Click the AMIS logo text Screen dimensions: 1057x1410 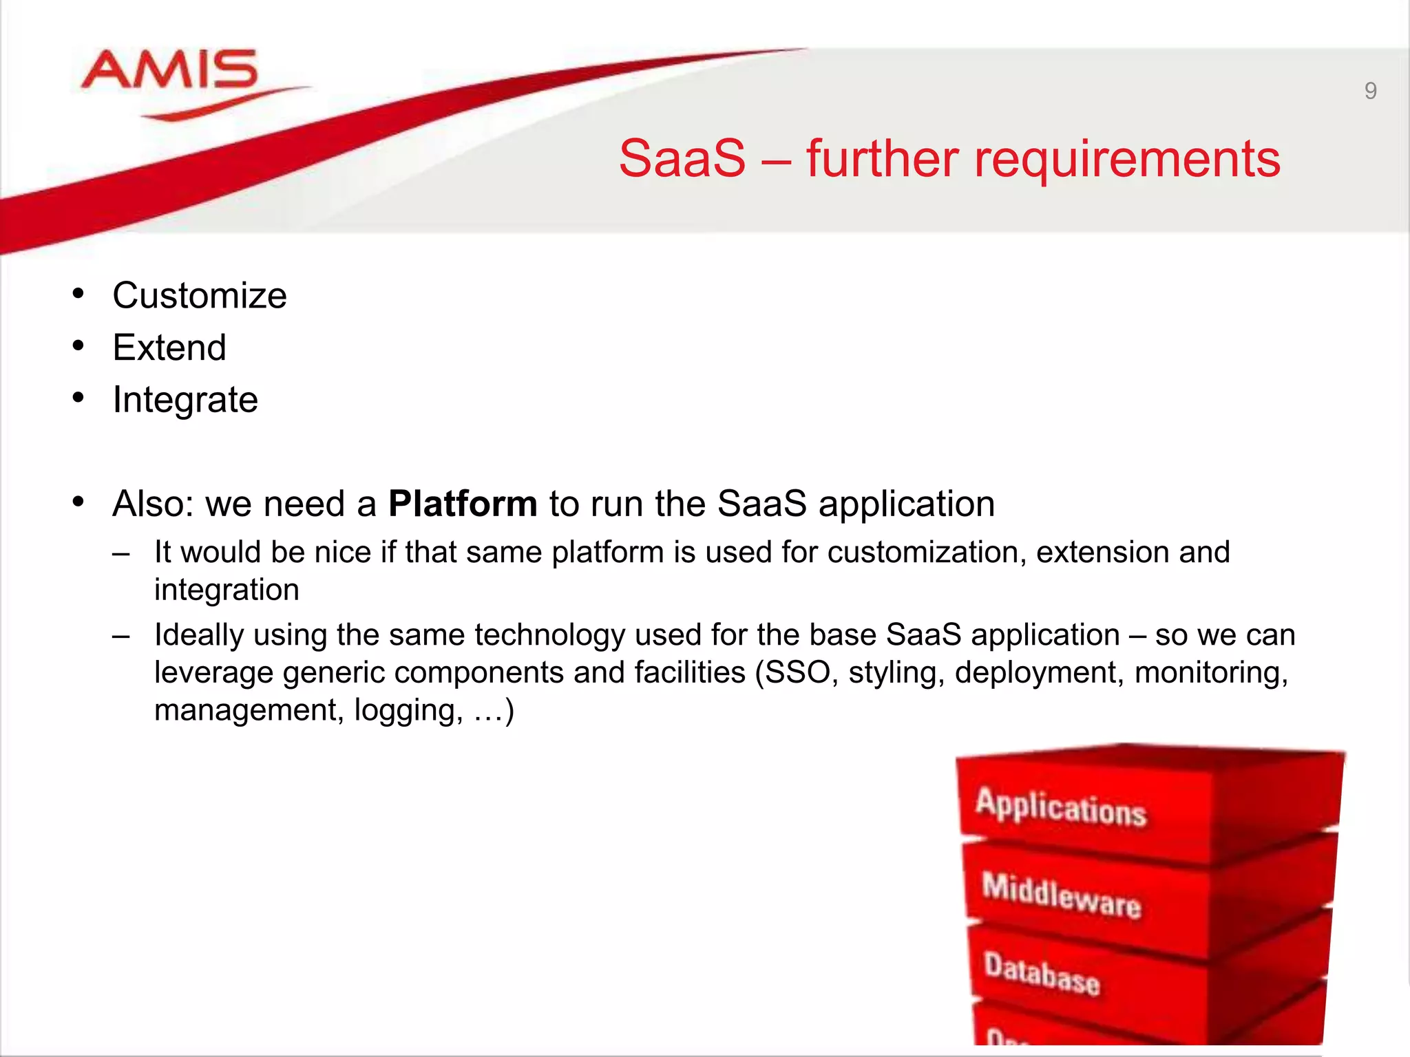[169, 70]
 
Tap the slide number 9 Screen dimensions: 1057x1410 [1370, 91]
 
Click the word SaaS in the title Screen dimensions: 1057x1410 [682, 158]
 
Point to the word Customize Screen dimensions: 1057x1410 [200, 296]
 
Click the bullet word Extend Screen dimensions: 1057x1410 [169, 348]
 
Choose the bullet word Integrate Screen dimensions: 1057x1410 [185, 400]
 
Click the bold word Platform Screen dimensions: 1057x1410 [463, 504]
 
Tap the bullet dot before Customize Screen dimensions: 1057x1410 [78, 295]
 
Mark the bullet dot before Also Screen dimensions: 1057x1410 [78, 502]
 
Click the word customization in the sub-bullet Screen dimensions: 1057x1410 [926, 553]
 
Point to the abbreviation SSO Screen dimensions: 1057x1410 [797, 672]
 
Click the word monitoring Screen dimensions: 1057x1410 [1211, 672]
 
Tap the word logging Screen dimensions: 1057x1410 [409, 710]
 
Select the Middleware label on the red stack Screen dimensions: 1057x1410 [1061, 895]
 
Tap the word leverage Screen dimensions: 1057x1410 [213, 672]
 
